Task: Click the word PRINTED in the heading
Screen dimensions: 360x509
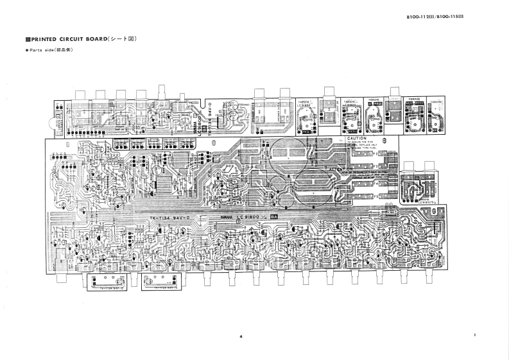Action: pos(48,40)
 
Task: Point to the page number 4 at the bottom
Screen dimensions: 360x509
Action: pos(240,336)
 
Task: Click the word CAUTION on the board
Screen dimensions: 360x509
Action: pos(356,139)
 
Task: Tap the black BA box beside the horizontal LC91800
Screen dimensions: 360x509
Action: pos(274,218)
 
